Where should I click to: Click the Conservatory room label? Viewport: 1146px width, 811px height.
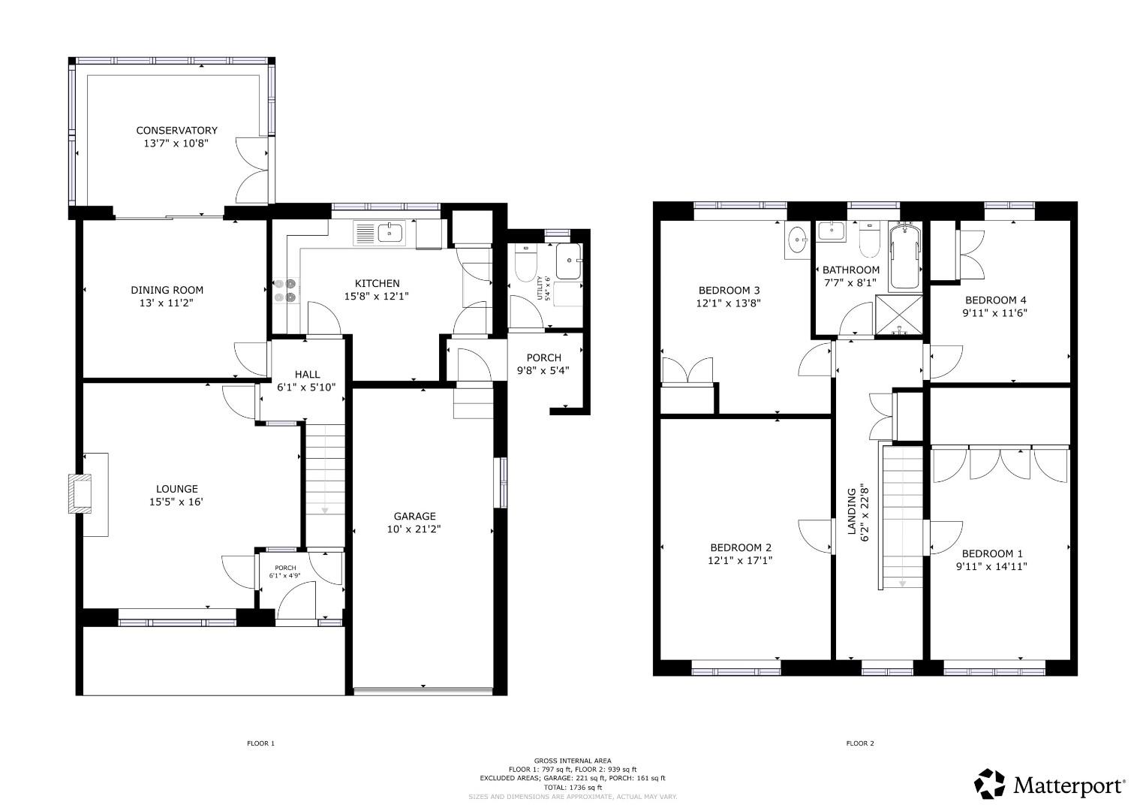point(176,131)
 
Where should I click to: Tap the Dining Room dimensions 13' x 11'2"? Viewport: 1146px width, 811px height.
point(167,303)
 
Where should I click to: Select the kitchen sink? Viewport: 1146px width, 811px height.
point(391,233)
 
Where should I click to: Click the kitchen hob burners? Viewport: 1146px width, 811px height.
point(285,291)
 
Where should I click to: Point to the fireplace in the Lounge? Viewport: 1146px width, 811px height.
point(80,494)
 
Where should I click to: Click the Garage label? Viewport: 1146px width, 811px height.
point(414,516)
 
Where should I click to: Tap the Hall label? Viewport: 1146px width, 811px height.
point(307,375)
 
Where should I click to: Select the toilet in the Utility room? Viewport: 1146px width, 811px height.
point(525,263)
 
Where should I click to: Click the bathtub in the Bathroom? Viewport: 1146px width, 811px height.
point(905,257)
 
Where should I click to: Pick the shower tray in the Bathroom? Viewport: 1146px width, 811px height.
point(899,315)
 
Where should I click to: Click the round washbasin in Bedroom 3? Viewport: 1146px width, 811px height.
point(797,240)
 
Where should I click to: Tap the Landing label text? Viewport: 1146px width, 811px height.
point(852,512)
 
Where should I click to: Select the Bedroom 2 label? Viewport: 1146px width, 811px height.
point(741,548)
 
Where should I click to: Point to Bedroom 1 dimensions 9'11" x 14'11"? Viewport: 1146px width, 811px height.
point(991,566)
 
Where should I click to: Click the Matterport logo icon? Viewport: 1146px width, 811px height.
point(990,784)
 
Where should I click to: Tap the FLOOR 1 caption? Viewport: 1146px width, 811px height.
point(261,743)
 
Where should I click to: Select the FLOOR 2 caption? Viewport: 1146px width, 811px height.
point(860,743)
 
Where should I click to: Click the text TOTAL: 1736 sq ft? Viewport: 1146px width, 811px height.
point(573,788)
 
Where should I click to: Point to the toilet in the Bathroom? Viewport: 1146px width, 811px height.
point(869,239)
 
